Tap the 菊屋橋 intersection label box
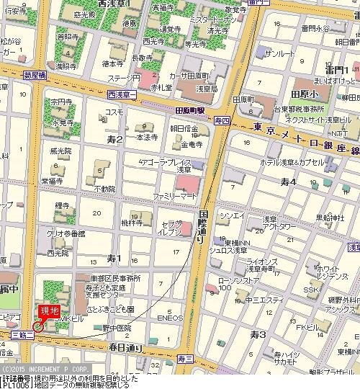tap(34, 73)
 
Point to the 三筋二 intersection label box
tap(24, 335)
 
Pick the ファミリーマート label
tap(171, 195)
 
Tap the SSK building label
tap(310, 289)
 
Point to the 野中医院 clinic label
tap(118, 327)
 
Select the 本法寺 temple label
tap(148, 136)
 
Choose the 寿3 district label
tap(258, 334)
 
